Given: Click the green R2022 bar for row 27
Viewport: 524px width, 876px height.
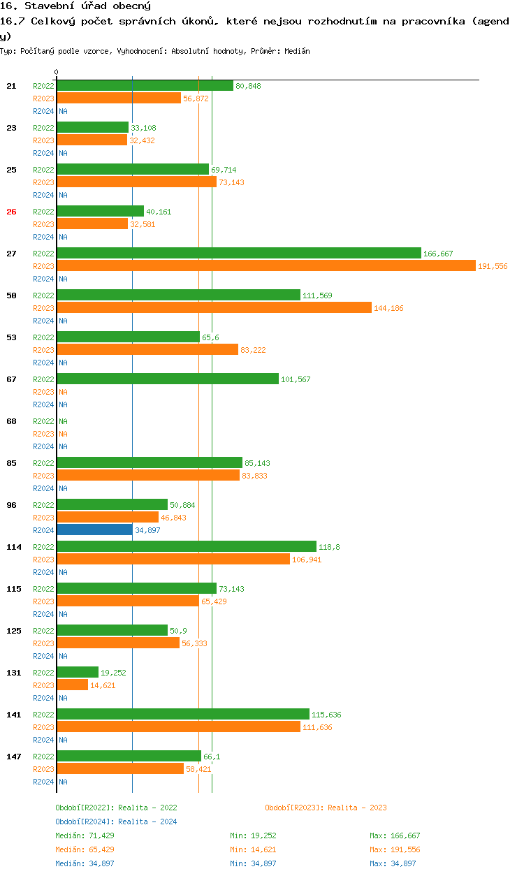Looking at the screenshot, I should [239, 254].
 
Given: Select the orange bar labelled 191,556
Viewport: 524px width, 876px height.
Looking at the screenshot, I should [266, 266].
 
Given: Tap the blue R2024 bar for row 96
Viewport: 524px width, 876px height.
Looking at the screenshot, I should [94, 530].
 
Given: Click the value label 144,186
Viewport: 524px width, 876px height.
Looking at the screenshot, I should [388, 308].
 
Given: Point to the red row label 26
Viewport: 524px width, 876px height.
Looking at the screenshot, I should [11, 212].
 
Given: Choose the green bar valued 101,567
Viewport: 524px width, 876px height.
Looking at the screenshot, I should [168, 379].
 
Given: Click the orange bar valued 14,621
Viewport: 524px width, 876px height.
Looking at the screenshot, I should [72, 685].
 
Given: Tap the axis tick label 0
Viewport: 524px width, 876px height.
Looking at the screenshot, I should [57, 72].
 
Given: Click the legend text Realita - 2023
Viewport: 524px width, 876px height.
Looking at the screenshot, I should [357, 808].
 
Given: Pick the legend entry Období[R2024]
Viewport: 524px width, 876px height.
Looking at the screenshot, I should [85, 822].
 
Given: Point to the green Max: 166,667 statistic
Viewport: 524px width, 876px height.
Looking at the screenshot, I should [395, 835].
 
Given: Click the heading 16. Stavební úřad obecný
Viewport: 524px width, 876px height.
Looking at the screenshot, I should [75, 6].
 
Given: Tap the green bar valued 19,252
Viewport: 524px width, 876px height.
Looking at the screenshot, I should [78, 673].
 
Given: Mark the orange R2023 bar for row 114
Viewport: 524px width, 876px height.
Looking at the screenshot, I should [173, 560].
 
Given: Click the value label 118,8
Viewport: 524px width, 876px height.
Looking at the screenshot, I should [328, 547].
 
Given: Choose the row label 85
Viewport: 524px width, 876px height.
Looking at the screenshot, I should [11, 463].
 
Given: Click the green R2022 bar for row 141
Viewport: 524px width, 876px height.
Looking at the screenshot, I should [183, 715].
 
